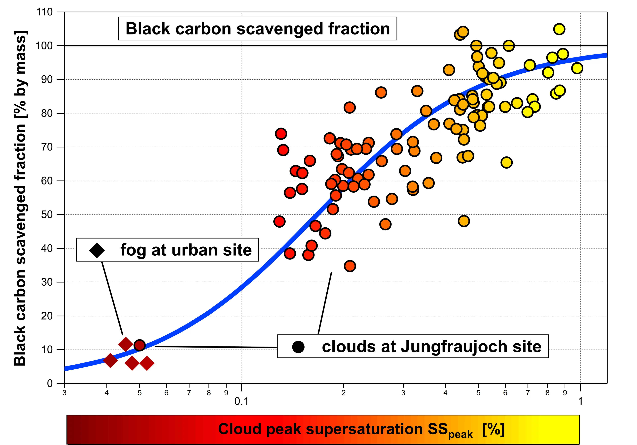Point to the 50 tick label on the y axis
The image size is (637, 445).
coord(47,215)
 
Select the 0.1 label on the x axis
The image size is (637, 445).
coord(241,401)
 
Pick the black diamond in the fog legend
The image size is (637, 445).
coord(97,250)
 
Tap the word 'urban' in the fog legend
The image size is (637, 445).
coord(194,250)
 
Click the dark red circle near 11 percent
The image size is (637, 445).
coord(139,345)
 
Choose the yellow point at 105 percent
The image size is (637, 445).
coord(559,29)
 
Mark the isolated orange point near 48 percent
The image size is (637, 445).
coord(464,221)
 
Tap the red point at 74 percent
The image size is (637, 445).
coord(281,134)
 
